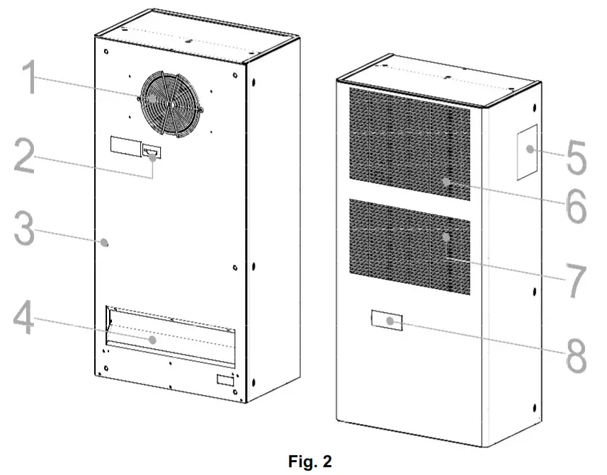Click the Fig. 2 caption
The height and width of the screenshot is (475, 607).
[303, 462]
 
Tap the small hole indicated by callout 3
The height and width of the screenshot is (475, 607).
[105, 243]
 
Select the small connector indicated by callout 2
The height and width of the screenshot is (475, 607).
[152, 151]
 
